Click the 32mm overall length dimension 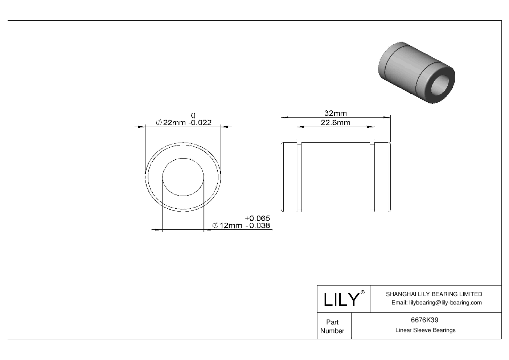[x=335, y=113]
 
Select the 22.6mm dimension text [x=335, y=123]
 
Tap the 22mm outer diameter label [x=174, y=123]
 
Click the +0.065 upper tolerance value [x=257, y=218]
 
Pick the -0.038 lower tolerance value [x=258, y=226]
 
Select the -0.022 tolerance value [x=200, y=123]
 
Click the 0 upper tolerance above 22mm [x=193, y=115]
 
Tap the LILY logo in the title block [x=341, y=299]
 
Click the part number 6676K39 [x=424, y=320]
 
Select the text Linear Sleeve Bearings [x=425, y=330]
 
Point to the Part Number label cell [x=332, y=326]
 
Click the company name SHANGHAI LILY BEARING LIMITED [x=434, y=294]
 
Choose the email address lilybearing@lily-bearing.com [x=437, y=303]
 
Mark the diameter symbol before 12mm [x=215, y=226]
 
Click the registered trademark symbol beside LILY [x=362, y=292]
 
